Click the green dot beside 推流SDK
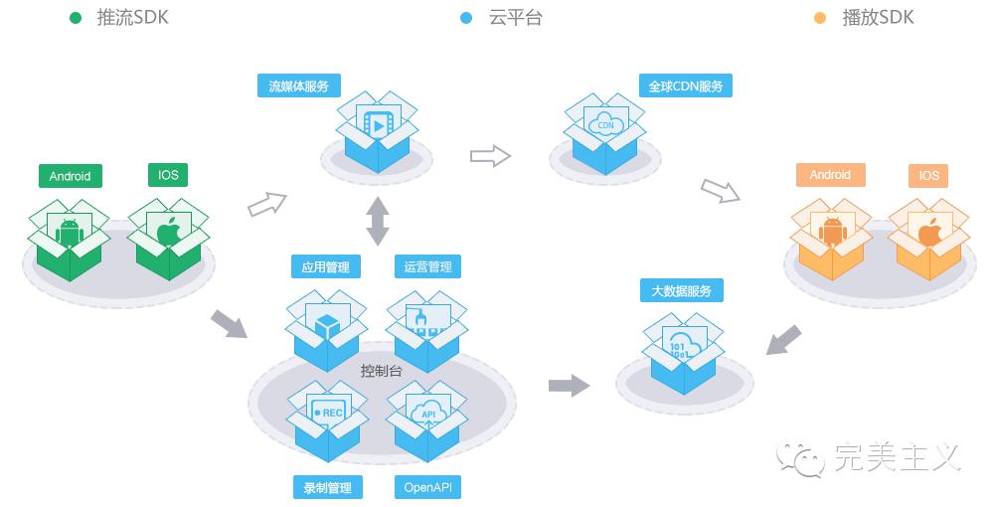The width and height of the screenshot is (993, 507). point(76,18)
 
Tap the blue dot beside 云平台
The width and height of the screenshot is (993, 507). point(467,18)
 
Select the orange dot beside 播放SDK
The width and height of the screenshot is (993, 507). point(819,18)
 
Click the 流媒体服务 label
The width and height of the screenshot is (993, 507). point(299,85)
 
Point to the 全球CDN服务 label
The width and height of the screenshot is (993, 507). point(686,86)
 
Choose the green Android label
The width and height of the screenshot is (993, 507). point(70,176)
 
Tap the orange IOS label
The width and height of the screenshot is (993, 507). point(928,176)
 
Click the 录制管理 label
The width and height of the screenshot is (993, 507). point(327,487)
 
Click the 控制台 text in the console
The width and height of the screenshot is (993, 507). point(381,371)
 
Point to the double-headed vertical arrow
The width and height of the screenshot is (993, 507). point(378,221)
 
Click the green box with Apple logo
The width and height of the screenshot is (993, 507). point(170,236)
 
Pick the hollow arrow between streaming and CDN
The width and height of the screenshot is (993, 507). point(489,155)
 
